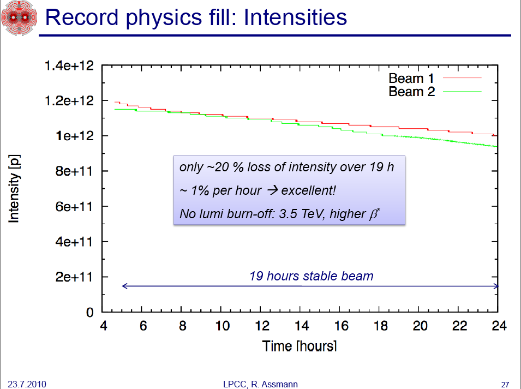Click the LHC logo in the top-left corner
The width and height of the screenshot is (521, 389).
19,17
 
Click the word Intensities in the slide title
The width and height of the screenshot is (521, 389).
295,17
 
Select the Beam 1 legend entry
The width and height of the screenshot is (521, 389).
435,79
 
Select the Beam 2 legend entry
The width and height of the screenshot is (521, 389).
435,92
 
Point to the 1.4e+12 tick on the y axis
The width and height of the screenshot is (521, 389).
69,65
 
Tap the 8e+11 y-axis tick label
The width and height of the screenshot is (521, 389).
74,171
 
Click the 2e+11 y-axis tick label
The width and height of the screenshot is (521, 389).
74,277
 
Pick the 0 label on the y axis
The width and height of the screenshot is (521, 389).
89,312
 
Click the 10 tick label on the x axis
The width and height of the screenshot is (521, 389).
222,326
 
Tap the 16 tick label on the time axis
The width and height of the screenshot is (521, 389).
341,326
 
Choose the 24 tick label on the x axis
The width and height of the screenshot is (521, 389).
499,326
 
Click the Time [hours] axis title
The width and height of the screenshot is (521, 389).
300,346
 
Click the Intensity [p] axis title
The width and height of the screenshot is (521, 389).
14,189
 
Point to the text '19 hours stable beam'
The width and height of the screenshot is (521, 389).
312,276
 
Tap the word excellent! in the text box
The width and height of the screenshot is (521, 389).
308,190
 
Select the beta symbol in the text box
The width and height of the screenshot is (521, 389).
374,214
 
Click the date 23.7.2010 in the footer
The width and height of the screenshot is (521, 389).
27,384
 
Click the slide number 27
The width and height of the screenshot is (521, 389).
505,385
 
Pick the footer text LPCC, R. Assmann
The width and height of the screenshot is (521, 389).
261,384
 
